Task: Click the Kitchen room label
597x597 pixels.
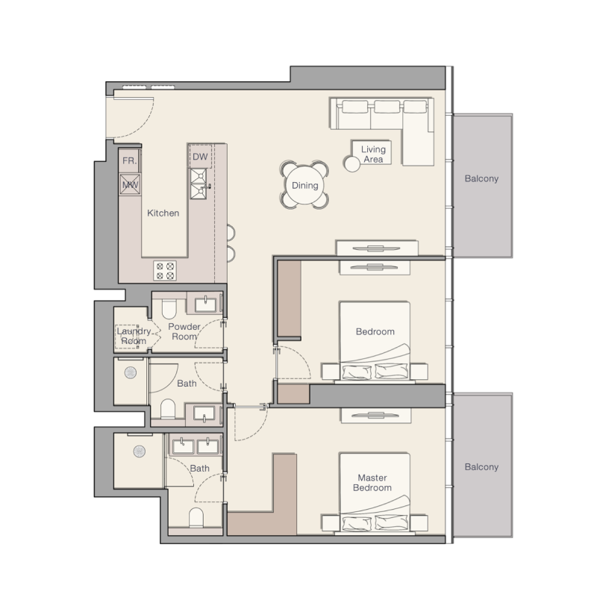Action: [163, 213]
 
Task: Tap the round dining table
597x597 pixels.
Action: [304, 185]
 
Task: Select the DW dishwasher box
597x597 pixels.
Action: [200, 157]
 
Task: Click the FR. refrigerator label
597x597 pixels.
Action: [129, 160]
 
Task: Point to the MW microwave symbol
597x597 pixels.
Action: [130, 185]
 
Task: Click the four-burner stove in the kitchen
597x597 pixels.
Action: [165, 271]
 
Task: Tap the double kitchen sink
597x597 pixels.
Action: [199, 184]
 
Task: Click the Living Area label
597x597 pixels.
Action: [373, 154]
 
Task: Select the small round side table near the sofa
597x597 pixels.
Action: [351, 163]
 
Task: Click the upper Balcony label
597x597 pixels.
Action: [481, 178]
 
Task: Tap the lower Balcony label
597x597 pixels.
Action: [481, 467]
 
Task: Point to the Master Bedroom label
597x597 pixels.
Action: [372, 483]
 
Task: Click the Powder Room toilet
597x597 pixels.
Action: [169, 308]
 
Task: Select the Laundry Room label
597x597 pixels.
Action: [134, 337]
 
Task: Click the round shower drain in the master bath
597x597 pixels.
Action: [140, 451]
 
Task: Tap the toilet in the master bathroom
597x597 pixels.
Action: [196, 517]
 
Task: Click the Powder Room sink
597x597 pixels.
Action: [206, 305]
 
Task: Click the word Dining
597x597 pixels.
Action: [304, 185]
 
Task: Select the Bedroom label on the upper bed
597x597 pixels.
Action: [375, 331]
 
